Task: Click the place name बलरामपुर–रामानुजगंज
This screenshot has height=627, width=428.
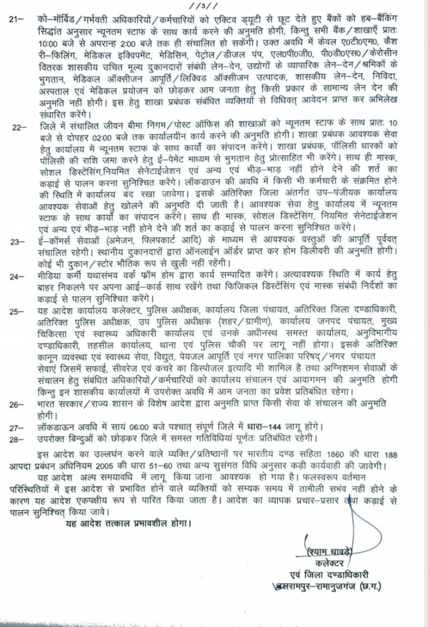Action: (x=313, y=586)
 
